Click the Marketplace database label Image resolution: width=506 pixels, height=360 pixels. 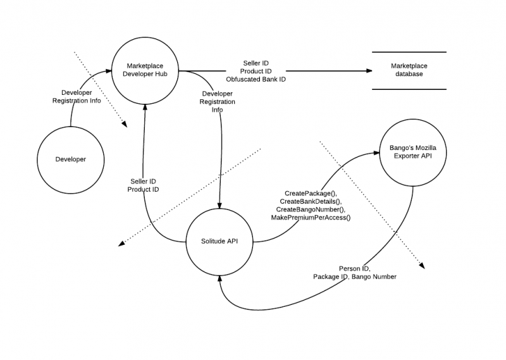(x=409, y=70)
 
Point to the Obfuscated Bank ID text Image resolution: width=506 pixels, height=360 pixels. (x=256, y=79)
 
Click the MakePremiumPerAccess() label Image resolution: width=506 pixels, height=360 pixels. (x=311, y=218)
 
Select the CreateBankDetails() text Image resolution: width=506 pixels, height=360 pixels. (x=311, y=201)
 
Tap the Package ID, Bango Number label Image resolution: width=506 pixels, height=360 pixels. (x=355, y=276)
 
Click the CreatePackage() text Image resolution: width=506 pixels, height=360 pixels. (x=311, y=194)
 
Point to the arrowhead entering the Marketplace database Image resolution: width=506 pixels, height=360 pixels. (x=369, y=71)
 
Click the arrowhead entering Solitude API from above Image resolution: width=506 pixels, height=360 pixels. (x=219, y=206)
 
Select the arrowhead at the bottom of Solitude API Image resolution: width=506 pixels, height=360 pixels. (x=219, y=279)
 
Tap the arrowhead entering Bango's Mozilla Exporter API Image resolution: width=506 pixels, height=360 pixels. (x=376, y=152)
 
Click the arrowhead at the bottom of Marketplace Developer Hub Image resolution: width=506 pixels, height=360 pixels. (x=145, y=108)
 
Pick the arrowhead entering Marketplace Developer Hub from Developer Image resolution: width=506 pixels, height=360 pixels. (x=108, y=71)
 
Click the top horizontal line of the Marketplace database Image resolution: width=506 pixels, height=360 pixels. (x=409, y=52)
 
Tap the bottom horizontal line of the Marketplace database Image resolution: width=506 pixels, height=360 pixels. (x=409, y=89)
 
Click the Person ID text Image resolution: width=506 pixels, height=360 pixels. (x=355, y=269)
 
